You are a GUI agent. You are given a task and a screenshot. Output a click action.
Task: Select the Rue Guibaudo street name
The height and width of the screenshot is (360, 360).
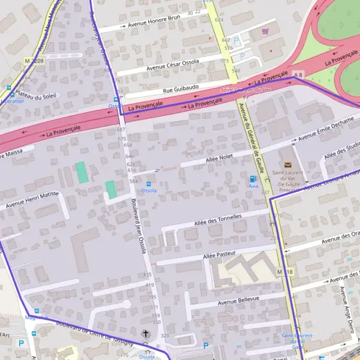[x=182, y=88]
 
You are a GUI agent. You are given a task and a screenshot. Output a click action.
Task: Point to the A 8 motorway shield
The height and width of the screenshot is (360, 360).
[x=299, y=73]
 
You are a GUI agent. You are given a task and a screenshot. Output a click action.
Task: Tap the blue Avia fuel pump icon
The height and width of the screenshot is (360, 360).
[x=253, y=179]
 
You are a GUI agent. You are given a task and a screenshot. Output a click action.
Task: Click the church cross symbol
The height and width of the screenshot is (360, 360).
[x=145, y=334]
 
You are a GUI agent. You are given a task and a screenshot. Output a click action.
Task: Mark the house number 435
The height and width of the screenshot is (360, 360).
[x=148, y=274]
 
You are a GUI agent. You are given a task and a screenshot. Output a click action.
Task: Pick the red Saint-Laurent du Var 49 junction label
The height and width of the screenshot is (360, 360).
[x=244, y=92]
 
